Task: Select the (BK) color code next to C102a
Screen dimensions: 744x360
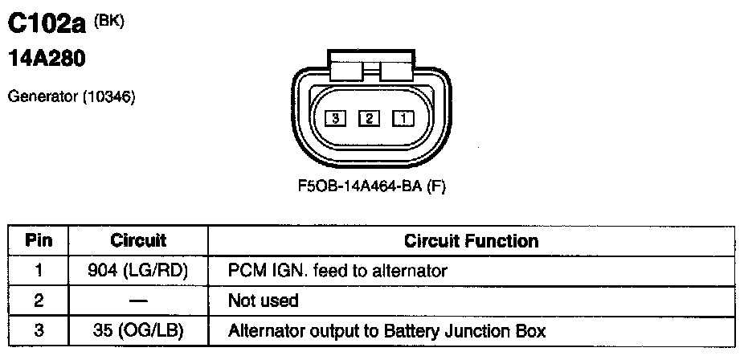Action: click(x=109, y=21)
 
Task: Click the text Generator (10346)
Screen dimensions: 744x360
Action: click(x=71, y=97)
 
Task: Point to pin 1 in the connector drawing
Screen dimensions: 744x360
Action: click(x=403, y=119)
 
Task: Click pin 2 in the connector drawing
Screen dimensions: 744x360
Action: click(x=369, y=119)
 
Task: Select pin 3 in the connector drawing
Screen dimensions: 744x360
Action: click(x=335, y=119)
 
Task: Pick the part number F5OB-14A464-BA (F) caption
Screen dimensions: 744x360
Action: click(x=371, y=186)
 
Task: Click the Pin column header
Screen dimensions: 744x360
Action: click(x=39, y=241)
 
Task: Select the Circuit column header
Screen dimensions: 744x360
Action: click(x=138, y=241)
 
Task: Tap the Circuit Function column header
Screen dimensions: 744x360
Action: click(x=472, y=241)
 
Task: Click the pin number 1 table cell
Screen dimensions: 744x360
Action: click(x=39, y=271)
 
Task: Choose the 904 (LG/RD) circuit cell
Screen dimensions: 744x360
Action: click(x=138, y=271)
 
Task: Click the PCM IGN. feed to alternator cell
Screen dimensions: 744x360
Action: click(x=337, y=271)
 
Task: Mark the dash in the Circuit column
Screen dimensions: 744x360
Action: click(x=138, y=301)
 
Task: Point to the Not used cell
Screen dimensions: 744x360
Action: click(x=264, y=301)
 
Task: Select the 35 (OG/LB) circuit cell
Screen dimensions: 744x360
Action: click(x=138, y=330)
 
